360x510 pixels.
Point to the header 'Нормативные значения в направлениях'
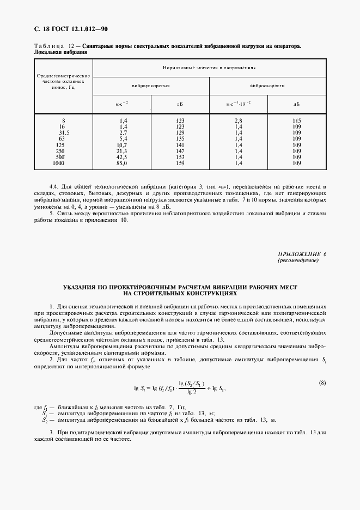pyautogui.click(x=209, y=67)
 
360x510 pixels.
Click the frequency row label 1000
pyautogui.click(x=58, y=163)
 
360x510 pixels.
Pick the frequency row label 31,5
pyautogui.click(x=64, y=132)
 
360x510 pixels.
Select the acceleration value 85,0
pyautogui.click(x=121, y=163)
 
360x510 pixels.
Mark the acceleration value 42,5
pyautogui.click(x=121, y=157)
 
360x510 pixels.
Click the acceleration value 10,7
pyautogui.click(x=121, y=144)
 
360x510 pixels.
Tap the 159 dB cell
pyautogui.click(x=180, y=163)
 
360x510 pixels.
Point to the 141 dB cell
pyautogui.click(x=180, y=144)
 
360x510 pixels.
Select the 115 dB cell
pyautogui.click(x=296, y=120)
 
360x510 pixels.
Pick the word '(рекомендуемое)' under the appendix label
pyautogui.click(x=298, y=260)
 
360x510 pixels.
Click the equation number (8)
pyautogui.click(x=322, y=383)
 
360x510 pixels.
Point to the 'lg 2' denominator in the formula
pyautogui.click(x=191, y=391)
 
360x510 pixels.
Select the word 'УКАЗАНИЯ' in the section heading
pyautogui.click(x=81, y=287)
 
